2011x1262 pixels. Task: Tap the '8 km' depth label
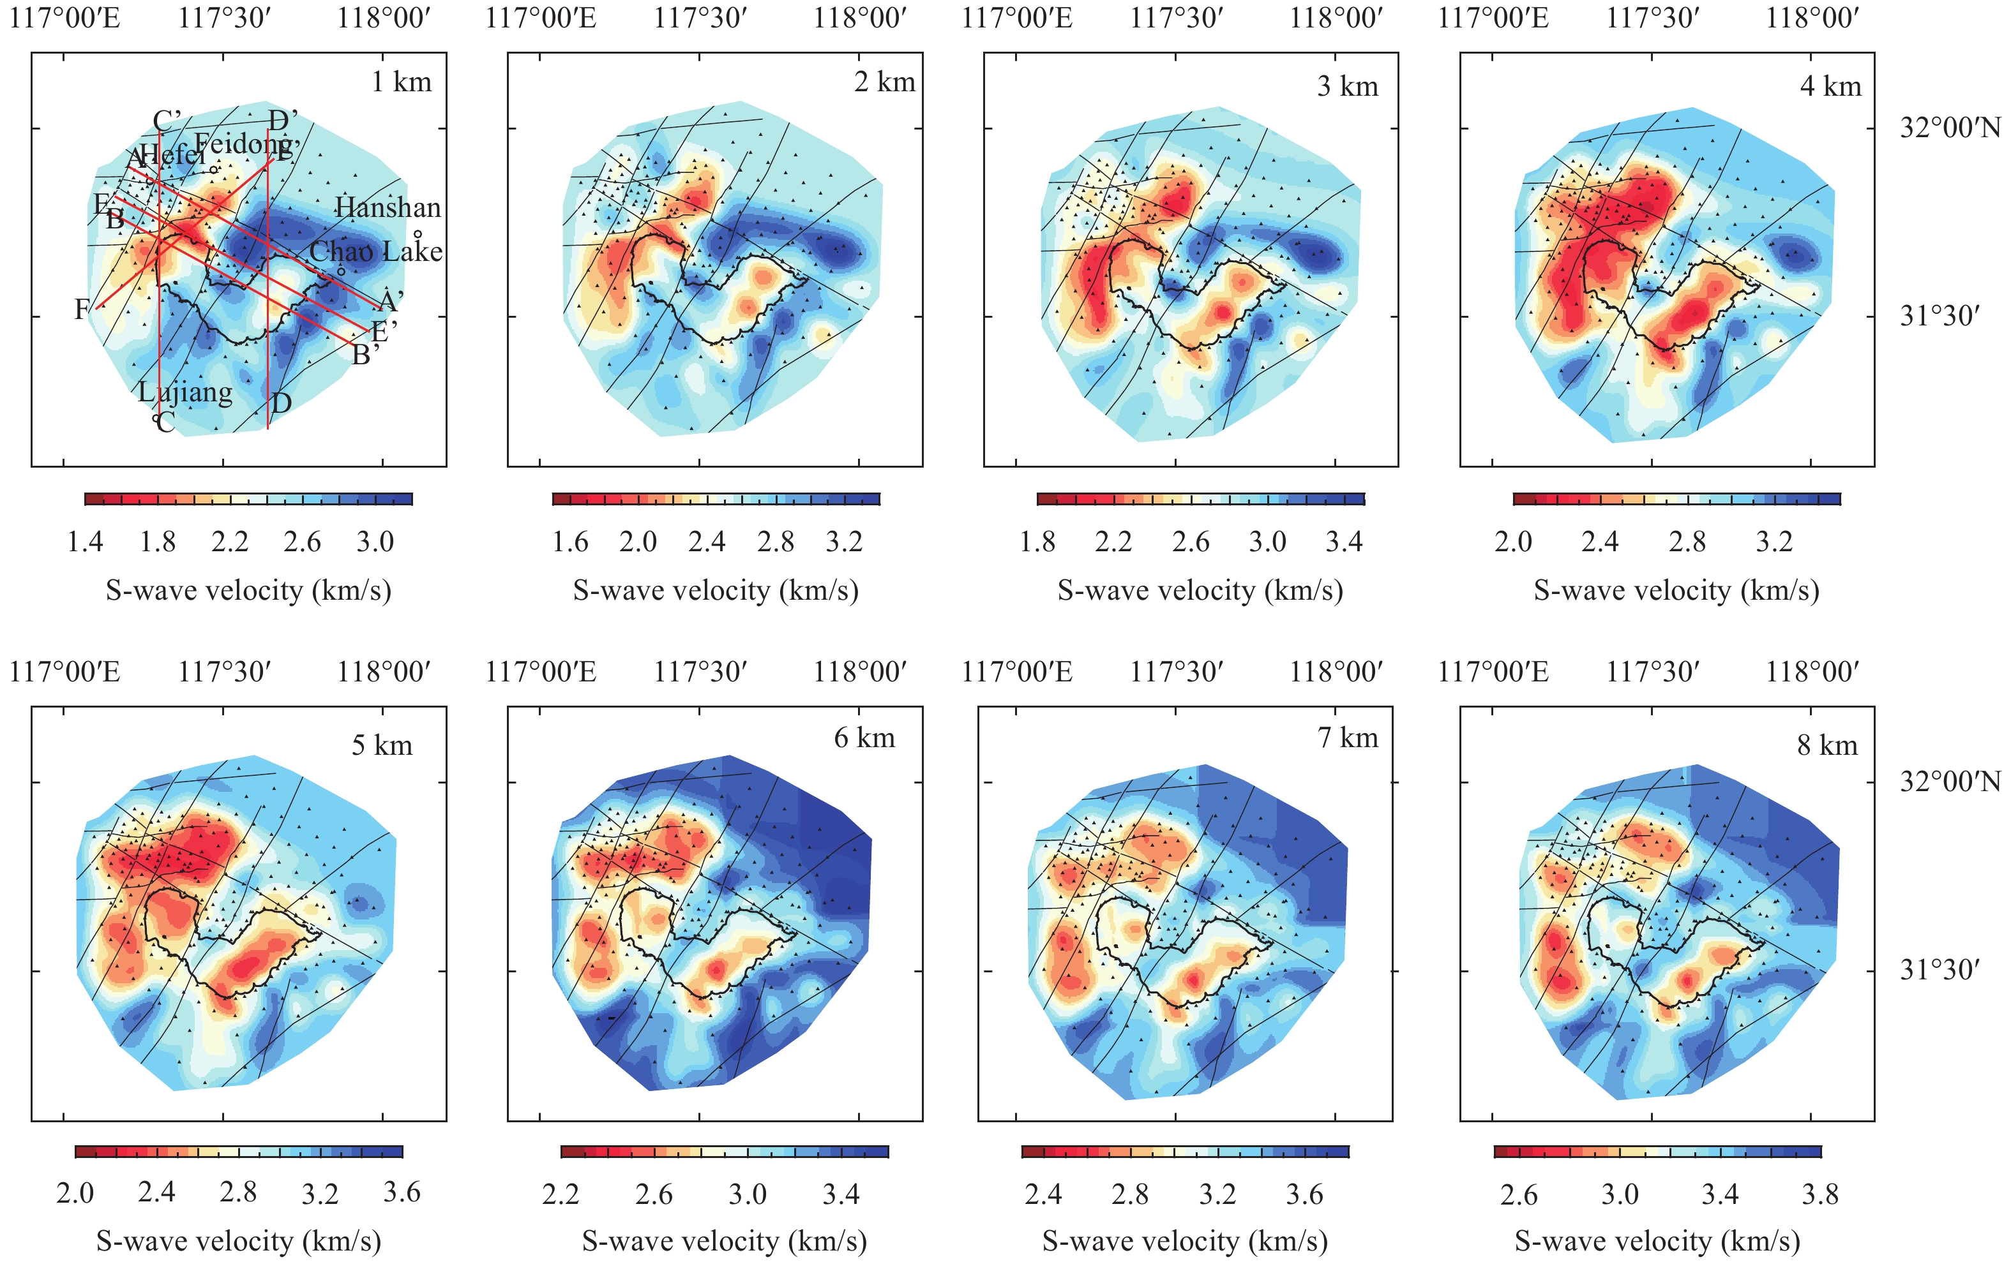pyautogui.click(x=1827, y=745)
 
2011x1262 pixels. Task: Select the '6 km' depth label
pyautogui.click(x=864, y=738)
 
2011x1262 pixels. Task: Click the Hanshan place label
pyautogui.click(x=388, y=208)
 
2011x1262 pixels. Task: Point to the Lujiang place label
pyautogui.click(x=185, y=392)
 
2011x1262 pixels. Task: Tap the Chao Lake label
pyautogui.click(x=376, y=251)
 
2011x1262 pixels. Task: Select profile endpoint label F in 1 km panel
pyautogui.click(x=82, y=309)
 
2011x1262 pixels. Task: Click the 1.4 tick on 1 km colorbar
pyautogui.click(x=85, y=542)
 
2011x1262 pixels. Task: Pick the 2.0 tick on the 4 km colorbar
pyautogui.click(x=1513, y=542)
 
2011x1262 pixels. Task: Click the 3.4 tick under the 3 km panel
pyautogui.click(x=1344, y=542)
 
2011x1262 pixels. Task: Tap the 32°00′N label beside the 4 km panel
pyautogui.click(x=1951, y=128)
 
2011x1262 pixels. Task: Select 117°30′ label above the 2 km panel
pyautogui.click(x=700, y=17)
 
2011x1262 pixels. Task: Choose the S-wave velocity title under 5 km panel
pyautogui.click(x=239, y=1241)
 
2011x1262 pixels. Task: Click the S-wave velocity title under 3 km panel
pyautogui.click(x=1200, y=591)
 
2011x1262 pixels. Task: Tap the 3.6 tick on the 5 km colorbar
pyautogui.click(x=402, y=1192)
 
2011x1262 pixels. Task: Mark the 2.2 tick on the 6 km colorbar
pyautogui.click(x=561, y=1194)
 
